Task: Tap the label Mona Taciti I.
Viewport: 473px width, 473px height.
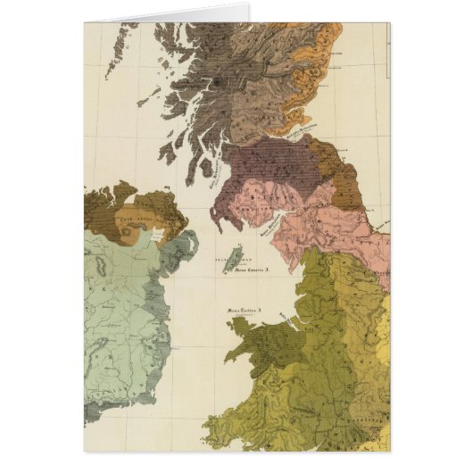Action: pos(244,309)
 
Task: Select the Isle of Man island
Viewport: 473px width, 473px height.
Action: pos(229,259)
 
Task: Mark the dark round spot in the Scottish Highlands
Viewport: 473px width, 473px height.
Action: pos(216,81)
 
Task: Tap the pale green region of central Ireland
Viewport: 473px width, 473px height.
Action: pos(116,303)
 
